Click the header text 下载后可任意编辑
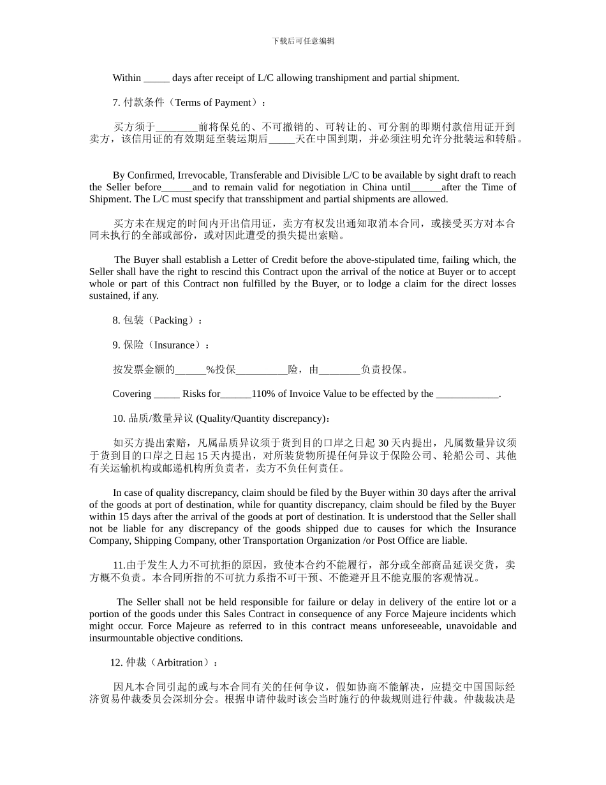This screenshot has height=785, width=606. click(303, 41)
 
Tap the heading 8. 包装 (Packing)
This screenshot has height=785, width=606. click(158, 320)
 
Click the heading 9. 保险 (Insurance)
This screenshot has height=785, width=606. click(161, 345)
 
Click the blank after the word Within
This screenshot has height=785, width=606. click(156, 78)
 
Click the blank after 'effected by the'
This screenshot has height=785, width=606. click(467, 394)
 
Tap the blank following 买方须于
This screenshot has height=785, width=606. click(177, 128)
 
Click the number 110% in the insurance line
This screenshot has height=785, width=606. click(263, 394)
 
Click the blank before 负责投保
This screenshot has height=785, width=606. click(339, 370)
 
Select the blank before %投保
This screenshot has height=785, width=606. click(190, 370)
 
